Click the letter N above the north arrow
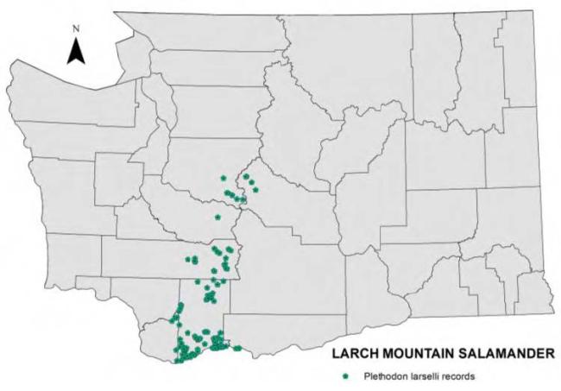click(x=76, y=28)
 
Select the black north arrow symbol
click(x=76, y=52)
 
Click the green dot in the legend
click(x=346, y=375)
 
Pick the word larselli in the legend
click(x=429, y=375)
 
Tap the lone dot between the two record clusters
click(x=217, y=217)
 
